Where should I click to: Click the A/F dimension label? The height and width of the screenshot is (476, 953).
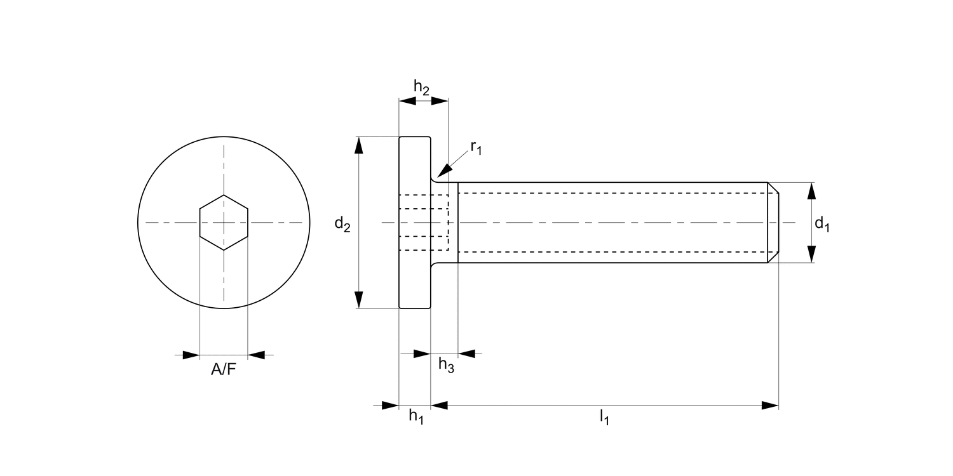[224, 369]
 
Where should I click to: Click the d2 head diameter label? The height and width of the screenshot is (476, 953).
[342, 223]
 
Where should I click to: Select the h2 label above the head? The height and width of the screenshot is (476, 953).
[421, 87]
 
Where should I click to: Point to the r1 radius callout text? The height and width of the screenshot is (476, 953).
[476, 147]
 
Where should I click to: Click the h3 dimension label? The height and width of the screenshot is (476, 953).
[446, 365]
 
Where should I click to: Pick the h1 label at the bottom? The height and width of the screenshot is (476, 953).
[416, 416]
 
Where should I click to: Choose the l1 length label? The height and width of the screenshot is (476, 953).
[604, 416]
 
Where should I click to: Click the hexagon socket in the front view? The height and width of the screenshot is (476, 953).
[224, 223]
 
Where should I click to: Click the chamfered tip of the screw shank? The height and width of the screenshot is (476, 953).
[773, 222]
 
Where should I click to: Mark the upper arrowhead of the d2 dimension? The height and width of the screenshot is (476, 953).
[359, 145]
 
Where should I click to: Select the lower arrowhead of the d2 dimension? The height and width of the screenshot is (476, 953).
[359, 300]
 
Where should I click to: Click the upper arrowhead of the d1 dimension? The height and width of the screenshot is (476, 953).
[812, 191]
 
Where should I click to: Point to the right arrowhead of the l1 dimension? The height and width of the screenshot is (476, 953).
[770, 406]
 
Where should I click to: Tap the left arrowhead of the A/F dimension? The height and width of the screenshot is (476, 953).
[191, 355]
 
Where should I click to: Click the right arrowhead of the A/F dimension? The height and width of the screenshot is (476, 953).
[257, 355]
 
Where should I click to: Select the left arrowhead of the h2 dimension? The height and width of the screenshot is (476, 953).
[407, 101]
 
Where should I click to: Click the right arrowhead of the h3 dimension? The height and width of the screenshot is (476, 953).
[466, 354]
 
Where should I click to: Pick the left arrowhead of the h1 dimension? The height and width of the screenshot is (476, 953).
[390, 406]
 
